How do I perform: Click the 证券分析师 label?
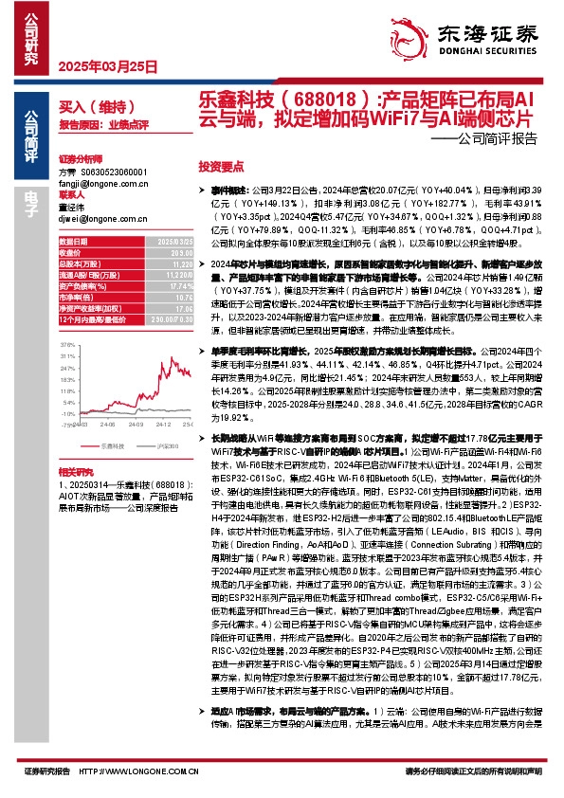pos(80,160)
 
